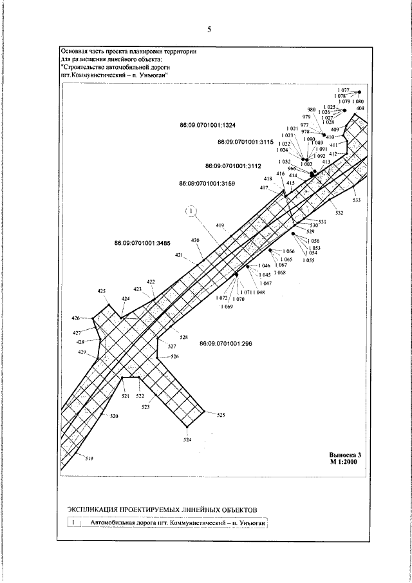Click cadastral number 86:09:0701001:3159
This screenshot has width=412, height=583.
tap(207, 184)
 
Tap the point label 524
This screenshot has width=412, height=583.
tap(187, 440)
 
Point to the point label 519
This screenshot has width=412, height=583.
tap(89, 459)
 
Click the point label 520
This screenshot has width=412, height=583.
tap(114, 417)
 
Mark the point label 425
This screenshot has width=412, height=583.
tap(101, 292)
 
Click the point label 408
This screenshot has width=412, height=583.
tap(360, 109)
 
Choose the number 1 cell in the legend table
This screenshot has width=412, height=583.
tap(75, 522)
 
